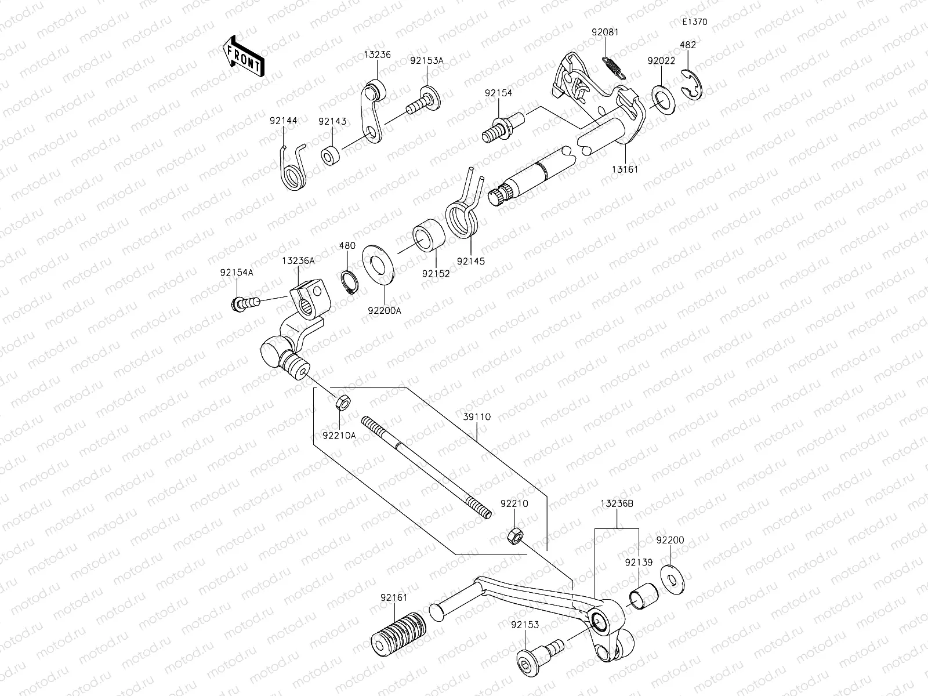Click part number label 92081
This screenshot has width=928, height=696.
[605, 32]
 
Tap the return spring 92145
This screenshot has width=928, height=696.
[464, 215]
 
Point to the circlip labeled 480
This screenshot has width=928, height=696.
[349, 282]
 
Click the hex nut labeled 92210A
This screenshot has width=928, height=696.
[342, 401]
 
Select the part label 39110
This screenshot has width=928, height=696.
[477, 417]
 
